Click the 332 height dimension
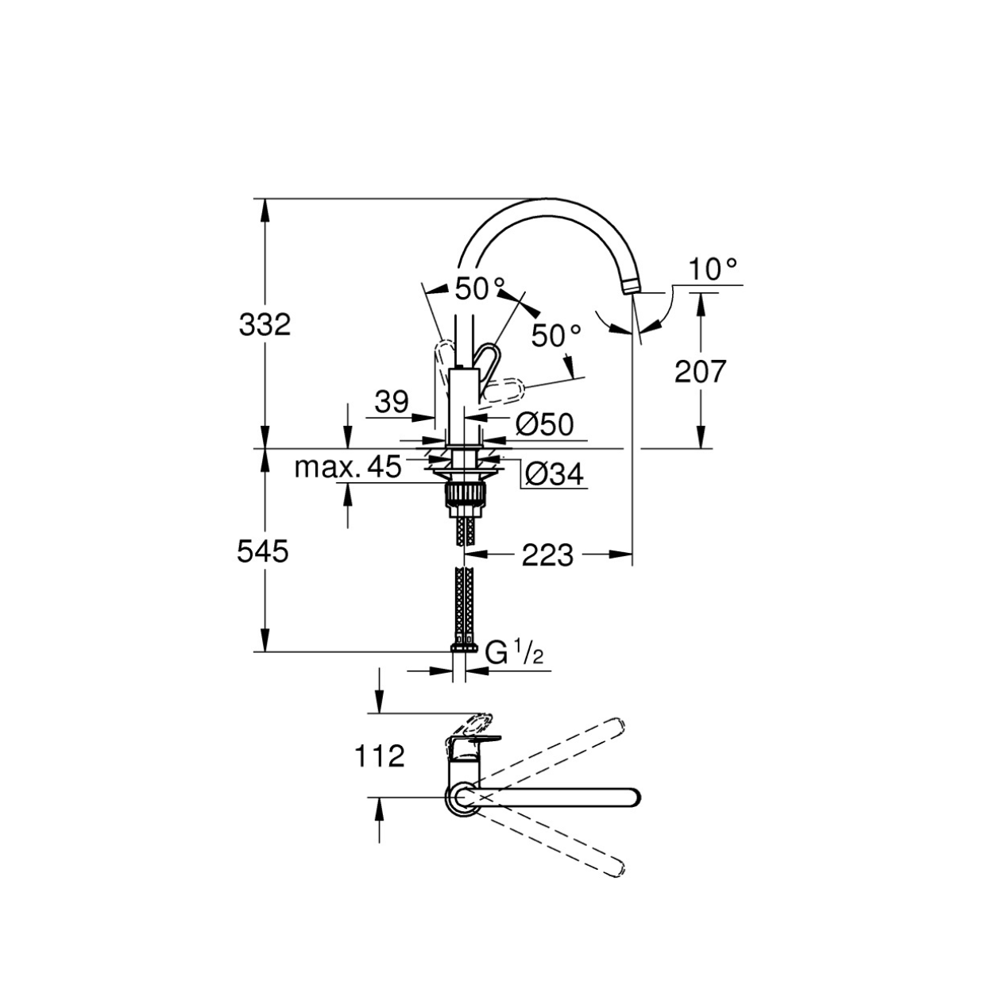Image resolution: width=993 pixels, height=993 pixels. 265,325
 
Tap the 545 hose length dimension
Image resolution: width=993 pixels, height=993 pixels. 263,552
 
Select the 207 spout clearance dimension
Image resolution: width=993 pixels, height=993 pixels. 701,371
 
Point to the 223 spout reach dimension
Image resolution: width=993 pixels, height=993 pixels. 547,555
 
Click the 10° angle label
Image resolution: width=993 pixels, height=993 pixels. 713,269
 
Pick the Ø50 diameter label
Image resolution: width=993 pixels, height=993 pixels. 544,425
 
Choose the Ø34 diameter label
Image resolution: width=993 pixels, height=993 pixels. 554,473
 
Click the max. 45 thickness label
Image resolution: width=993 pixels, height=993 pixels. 348,467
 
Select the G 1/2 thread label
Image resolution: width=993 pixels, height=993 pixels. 514,654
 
